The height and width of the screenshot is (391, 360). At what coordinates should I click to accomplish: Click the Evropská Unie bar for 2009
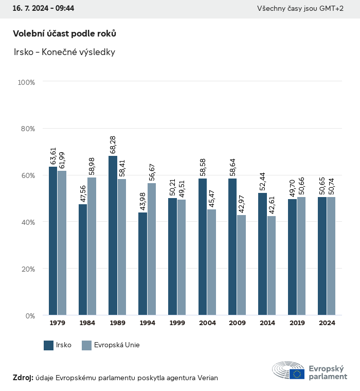(x=241, y=265)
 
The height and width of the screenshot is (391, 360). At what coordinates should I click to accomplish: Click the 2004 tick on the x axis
(x=207, y=323)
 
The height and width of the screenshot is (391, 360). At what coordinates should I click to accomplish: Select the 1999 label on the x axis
(x=177, y=323)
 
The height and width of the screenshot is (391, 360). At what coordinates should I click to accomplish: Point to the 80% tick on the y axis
(x=26, y=129)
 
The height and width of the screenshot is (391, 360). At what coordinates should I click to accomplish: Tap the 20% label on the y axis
(x=26, y=269)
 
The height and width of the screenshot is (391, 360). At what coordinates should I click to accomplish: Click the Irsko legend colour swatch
(x=49, y=345)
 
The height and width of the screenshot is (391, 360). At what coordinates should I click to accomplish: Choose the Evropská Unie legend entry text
(x=117, y=345)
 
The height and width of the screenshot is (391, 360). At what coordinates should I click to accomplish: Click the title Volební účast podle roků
(x=64, y=33)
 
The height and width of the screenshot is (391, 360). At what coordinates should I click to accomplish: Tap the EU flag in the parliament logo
(x=297, y=374)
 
